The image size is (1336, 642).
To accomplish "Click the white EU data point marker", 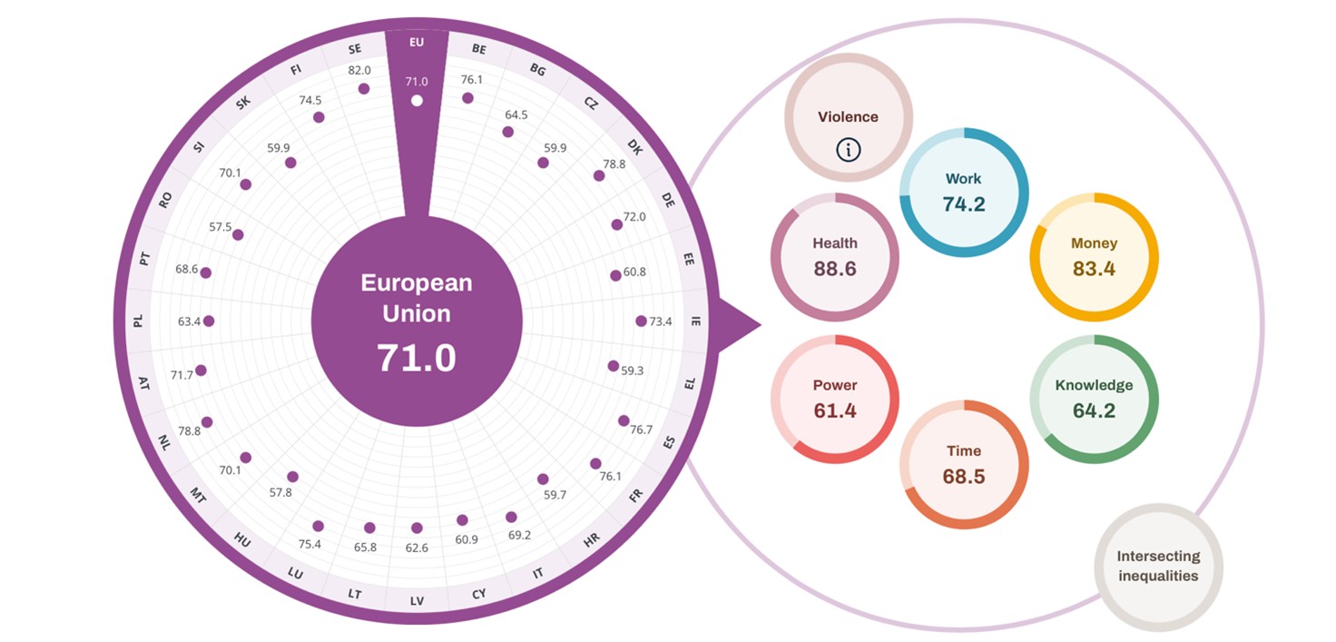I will coord(417,100).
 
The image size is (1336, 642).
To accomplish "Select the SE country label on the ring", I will coord(355,49).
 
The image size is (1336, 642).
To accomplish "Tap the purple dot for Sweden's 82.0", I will coord(364,89).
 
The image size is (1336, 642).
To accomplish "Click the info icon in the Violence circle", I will coord(848,150).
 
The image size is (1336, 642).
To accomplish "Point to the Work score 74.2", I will coord(963,204).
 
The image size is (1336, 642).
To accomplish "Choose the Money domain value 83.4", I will coord(1094,269).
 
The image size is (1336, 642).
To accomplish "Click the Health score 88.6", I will coord(835,269).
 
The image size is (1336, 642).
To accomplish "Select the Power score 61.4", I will coord(835,410).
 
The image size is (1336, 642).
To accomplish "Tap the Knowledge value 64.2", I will coord(1094,410).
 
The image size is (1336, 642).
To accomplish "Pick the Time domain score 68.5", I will coord(963,477).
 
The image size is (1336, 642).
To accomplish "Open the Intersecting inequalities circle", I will coord(1157,567).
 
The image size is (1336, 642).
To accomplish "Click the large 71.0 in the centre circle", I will coord(417,358).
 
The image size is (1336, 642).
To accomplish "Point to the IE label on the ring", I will coord(696,321).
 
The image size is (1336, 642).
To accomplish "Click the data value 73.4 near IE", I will coord(662,321).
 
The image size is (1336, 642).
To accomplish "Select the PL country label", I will coord(138,321).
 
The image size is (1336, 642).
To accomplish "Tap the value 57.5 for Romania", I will coord(221,227).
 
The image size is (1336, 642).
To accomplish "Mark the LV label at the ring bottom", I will coord(417,601).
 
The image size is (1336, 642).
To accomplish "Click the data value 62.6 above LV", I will coord(417,548).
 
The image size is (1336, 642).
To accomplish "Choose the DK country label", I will coord(635,148).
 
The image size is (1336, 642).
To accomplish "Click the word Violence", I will coord(848,117).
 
